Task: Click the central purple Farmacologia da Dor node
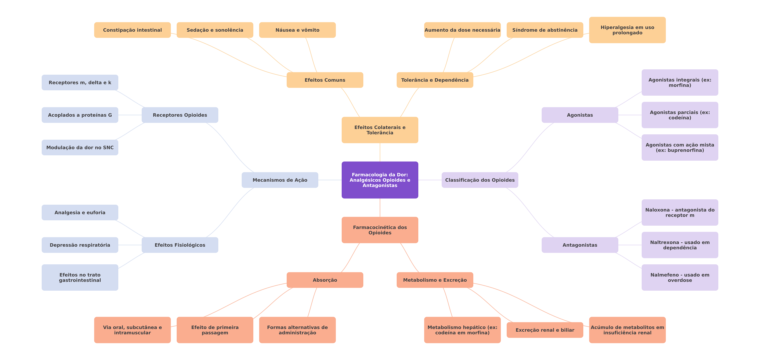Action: point(380,180)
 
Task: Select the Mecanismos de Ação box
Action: point(280,180)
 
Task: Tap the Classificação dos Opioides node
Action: point(480,180)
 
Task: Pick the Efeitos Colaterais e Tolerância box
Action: point(380,130)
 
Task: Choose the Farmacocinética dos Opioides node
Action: point(380,230)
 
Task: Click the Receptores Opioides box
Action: point(180,115)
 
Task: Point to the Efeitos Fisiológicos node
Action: point(180,245)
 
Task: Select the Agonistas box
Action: point(580,115)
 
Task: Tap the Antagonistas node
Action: point(580,245)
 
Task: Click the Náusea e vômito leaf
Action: point(297,30)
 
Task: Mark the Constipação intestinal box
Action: point(132,30)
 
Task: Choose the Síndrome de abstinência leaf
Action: point(545,30)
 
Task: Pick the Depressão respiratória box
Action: point(80,245)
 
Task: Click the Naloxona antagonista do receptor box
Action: point(680,213)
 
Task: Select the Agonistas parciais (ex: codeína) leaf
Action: point(680,115)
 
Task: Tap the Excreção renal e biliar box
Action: point(545,330)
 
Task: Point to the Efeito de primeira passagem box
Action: point(215,330)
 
